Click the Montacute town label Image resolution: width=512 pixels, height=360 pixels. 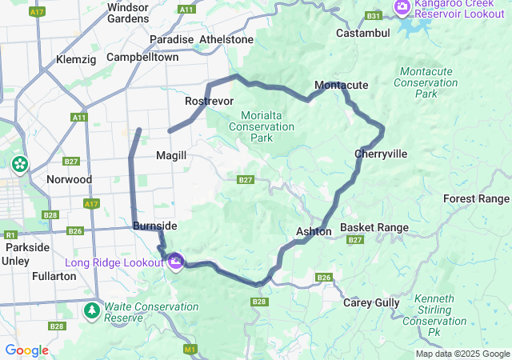342,85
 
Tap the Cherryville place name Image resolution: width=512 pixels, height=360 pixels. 381,154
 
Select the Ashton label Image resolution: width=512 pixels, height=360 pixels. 314,231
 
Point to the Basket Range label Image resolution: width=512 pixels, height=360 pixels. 374,228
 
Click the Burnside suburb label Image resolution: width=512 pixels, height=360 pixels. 150,226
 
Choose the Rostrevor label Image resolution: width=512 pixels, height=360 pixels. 209,102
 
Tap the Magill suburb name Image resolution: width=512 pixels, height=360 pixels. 171,155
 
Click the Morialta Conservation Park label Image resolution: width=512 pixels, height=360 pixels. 262,126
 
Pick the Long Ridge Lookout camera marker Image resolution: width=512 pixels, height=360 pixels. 176,262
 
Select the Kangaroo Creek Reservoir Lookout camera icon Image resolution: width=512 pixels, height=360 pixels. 402,8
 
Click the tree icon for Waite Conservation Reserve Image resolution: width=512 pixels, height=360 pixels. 93,310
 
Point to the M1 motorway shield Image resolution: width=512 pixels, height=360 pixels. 190,349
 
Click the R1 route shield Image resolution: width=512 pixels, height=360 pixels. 10,235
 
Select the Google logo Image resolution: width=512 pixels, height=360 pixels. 26,350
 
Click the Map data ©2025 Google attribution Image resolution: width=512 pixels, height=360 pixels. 462,354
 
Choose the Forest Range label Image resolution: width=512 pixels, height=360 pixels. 476,198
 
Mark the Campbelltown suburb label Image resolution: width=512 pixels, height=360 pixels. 142,58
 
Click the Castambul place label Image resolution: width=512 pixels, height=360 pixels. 362,34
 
